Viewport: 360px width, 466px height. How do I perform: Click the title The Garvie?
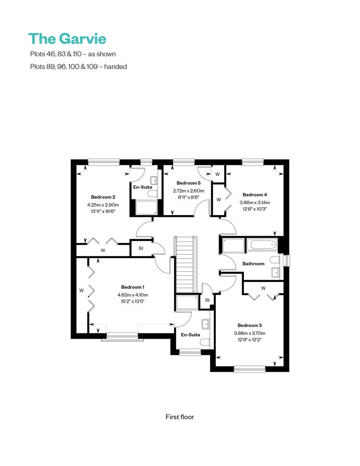(67, 39)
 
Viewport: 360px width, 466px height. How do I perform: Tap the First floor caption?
(180, 417)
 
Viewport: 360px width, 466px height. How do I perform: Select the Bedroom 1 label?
(133, 287)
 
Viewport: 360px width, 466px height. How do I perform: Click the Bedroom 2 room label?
(103, 197)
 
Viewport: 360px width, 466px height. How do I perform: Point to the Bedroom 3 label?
(249, 325)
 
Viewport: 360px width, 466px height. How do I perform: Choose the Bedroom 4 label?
(255, 195)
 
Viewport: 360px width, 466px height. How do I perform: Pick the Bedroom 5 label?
(189, 183)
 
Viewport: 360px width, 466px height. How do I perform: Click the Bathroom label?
(253, 264)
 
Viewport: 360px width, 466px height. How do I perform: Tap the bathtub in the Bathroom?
(263, 246)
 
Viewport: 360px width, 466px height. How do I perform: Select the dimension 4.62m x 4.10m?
(133, 295)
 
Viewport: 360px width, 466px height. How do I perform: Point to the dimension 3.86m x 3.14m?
(255, 202)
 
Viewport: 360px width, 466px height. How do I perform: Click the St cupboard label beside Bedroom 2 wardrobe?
(140, 248)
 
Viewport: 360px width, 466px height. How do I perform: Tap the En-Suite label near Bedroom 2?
(142, 187)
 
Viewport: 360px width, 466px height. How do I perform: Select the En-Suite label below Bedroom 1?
(190, 335)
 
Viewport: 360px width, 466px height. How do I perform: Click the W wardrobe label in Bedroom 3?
(263, 288)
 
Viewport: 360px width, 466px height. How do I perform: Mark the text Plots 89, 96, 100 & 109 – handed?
(77, 67)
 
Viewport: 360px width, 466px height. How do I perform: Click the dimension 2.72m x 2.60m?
(189, 191)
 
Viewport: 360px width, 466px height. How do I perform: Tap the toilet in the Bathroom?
(274, 260)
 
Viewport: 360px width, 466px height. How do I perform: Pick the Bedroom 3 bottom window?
(250, 369)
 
